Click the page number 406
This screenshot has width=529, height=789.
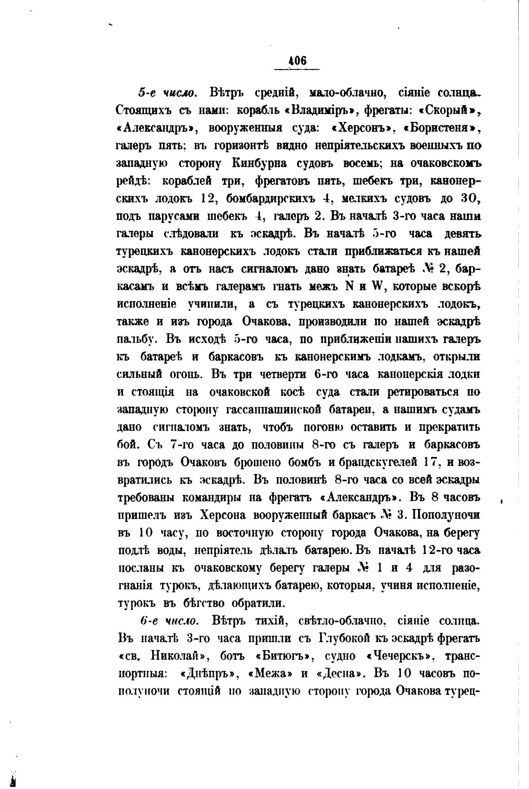[x=297, y=61]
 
